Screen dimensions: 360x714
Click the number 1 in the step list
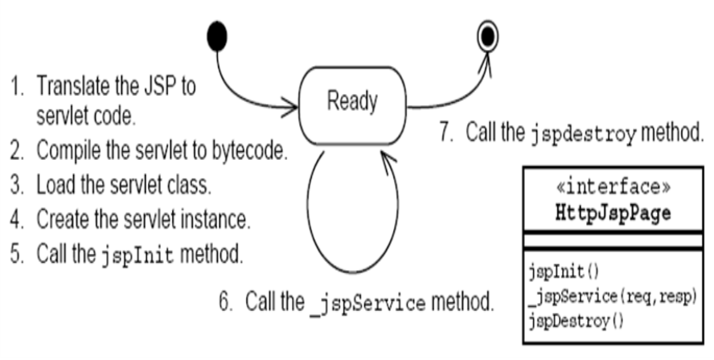tap(14, 86)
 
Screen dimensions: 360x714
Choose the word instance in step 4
tap(210, 218)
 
